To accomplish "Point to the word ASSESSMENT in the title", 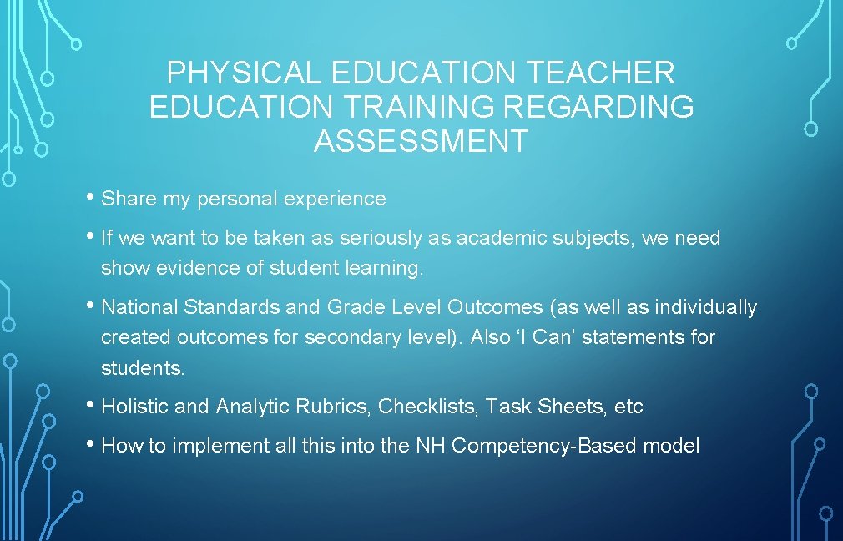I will click(421, 141).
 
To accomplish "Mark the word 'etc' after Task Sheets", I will click(628, 407).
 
